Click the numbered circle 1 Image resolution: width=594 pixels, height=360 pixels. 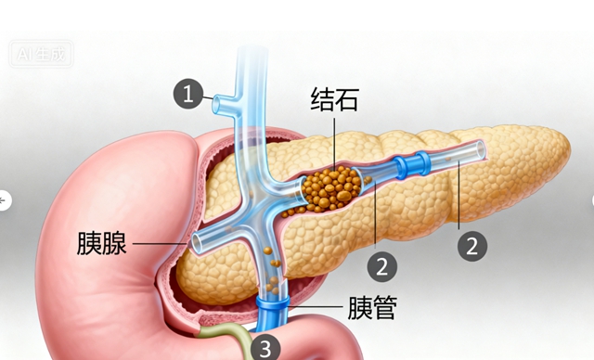[189, 94]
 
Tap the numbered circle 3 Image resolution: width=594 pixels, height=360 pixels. [265, 348]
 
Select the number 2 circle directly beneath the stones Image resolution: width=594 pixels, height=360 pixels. [381, 267]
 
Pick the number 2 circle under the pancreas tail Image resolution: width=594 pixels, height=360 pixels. [472, 246]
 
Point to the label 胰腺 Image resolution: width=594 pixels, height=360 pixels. [101, 244]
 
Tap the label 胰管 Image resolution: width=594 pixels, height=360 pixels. [371, 307]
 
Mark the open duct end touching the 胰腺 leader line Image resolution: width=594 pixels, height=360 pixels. [199, 243]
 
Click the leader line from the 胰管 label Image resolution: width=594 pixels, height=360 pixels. [316, 307]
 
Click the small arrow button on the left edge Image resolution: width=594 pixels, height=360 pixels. [5, 199]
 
